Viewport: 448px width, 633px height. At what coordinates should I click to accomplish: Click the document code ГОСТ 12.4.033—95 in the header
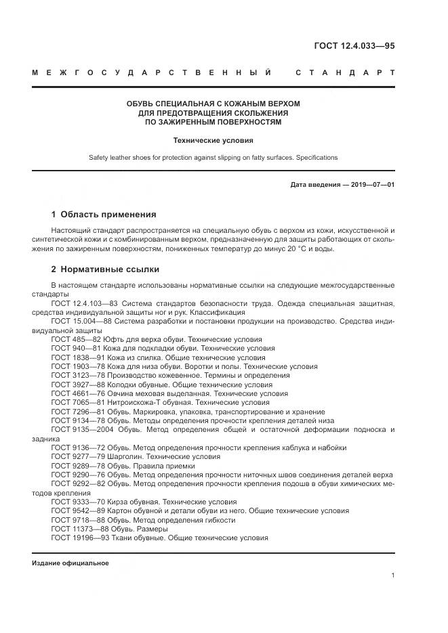[354, 46]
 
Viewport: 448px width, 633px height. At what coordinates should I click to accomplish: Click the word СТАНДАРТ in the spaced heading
[344, 73]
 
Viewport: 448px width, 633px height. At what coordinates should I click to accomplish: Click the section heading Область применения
[108, 215]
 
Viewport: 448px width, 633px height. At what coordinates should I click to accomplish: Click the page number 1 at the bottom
[392, 575]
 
